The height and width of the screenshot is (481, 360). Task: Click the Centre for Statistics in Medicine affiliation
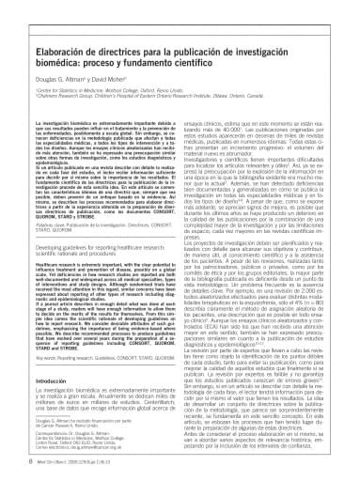85,71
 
